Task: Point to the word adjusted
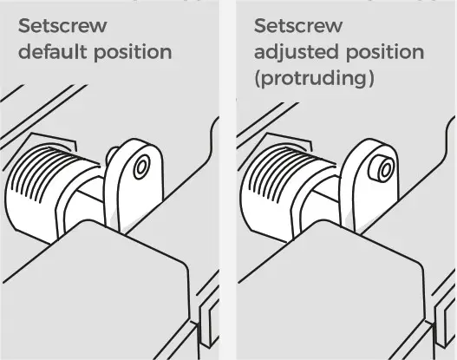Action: [293, 52]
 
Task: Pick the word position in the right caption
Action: [382, 52]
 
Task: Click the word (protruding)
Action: [314, 79]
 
